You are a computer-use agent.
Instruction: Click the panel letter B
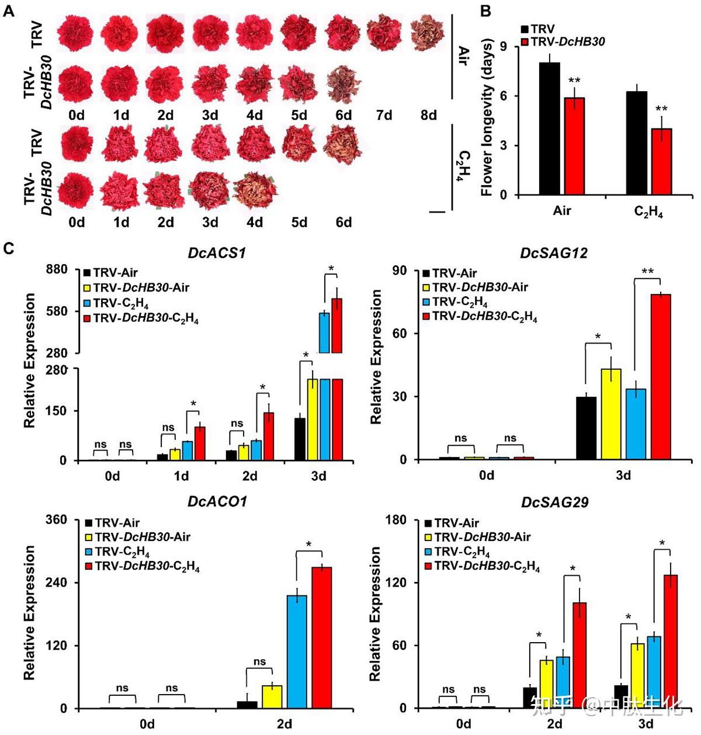click(x=485, y=11)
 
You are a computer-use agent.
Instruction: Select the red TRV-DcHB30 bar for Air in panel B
click(x=573, y=146)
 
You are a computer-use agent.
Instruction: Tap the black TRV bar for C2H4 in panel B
click(x=636, y=143)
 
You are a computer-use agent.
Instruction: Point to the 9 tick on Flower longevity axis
click(x=504, y=47)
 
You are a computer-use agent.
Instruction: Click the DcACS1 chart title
click(x=217, y=253)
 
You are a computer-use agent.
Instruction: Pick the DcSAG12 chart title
click(x=554, y=253)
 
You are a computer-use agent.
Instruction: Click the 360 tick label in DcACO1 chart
click(x=56, y=520)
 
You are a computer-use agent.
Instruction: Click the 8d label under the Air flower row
click(x=429, y=115)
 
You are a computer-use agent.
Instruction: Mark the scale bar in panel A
click(x=436, y=213)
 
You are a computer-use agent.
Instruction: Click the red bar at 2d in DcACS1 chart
click(x=269, y=436)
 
